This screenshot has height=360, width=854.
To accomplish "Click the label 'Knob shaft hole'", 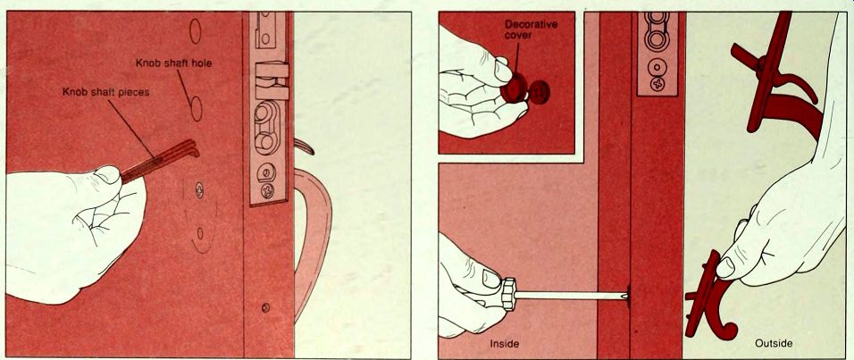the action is pyautogui.click(x=173, y=63).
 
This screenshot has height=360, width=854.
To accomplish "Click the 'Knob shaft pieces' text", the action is pyautogui.click(x=105, y=92).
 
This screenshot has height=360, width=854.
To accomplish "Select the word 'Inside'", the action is pyautogui.click(x=504, y=344).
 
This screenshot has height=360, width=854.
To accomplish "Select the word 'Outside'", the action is pyautogui.click(x=774, y=344).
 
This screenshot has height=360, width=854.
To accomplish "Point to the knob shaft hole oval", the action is pyautogui.click(x=196, y=109).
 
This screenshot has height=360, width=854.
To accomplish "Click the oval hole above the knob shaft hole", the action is pyautogui.click(x=195, y=31).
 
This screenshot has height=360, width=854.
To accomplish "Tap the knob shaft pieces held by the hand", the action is pyautogui.click(x=159, y=161).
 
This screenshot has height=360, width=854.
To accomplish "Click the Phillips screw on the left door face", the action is pyautogui.click(x=200, y=190).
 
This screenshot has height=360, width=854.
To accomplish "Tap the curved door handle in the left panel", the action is pyautogui.click(x=313, y=239).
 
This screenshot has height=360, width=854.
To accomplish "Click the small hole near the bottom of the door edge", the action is pyautogui.click(x=265, y=307).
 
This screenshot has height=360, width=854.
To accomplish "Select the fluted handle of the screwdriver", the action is pyautogui.click(x=508, y=294).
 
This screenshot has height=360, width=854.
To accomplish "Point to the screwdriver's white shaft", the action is pyautogui.click(x=570, y=296).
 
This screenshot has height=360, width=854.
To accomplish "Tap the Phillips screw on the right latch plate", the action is pyautogui.click(x=658, y=85).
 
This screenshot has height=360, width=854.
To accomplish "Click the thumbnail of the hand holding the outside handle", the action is pyautogui.click(x=725, y=267).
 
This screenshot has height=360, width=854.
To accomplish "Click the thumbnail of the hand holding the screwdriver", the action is pyautogui.click(x=492, y=279).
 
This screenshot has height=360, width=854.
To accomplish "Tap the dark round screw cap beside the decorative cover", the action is pyautogui.click(x=540, y=92).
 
